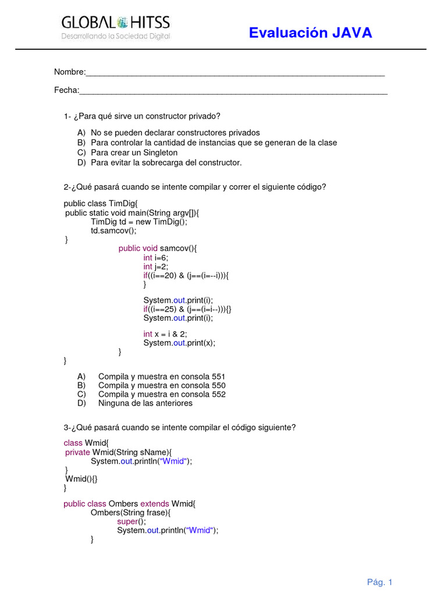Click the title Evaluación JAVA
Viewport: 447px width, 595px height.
[x=310, y=33]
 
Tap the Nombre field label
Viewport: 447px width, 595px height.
[x=69, y=72]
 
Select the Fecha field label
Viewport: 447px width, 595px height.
[x=66, y=90]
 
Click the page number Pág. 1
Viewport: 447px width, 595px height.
[x=379, y=582]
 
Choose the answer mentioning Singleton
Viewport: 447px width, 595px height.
[x=134, y=152]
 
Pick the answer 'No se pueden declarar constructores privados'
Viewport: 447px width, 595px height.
[x=175, y=132]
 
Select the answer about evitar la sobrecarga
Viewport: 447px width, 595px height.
[x=165, y=162]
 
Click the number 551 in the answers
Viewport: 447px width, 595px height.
[x=218, y=376]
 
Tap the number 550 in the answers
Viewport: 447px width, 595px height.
[x=218, y=385]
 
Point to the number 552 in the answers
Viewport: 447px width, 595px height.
[x=218, y=394]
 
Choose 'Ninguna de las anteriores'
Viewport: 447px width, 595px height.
[x=145, y=403]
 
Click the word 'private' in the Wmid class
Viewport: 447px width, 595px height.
[x=77, y=452]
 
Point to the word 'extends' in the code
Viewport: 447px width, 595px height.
[x=154, y=504]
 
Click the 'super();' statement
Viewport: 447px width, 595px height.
[x=132, y=521]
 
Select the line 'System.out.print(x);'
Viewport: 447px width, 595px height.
[x=179, y=342]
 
